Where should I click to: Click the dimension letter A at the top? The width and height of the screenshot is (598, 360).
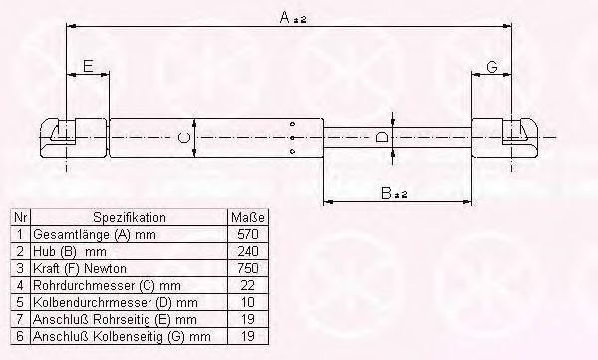pos(285,17)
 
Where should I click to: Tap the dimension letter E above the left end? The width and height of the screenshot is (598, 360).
pos(88,66)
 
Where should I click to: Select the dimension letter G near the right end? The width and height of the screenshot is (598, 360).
pos(492,67)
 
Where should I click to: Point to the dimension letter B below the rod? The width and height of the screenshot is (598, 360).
pos(386,193)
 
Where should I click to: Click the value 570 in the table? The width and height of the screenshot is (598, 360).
pos(248,234)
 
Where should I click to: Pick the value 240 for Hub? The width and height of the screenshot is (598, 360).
pos(248,251)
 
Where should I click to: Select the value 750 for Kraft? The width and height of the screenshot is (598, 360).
pos(248,268)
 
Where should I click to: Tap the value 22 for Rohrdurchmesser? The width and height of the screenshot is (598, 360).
pos(248,285)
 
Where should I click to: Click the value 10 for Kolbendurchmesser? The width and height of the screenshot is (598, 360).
pos(248,302)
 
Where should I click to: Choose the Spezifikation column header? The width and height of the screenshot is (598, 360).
pos(130,218)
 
